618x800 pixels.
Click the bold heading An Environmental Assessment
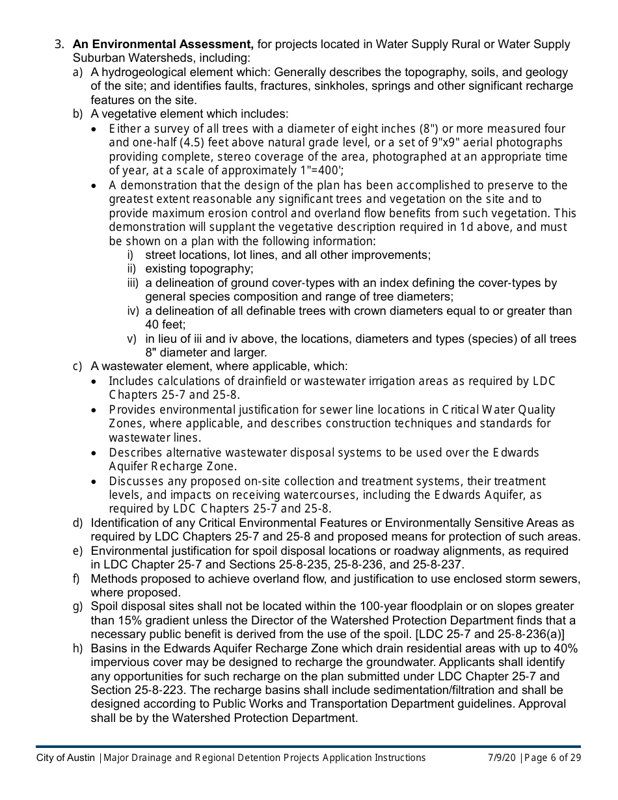click(163, 44)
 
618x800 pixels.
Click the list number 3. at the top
click(59, 44)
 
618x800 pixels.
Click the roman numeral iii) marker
click(133, 283)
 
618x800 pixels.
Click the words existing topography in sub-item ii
click(199, 269)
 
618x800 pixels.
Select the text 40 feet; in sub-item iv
click(165, 325)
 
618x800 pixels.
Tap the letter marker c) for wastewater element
click(77, 367)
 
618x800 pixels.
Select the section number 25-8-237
click(440, 565)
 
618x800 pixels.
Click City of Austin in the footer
click(66, 758)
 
